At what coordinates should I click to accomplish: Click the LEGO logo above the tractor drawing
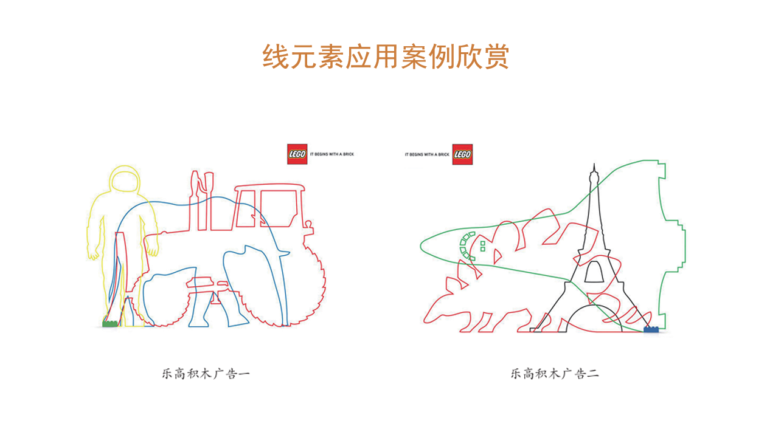point(297,154)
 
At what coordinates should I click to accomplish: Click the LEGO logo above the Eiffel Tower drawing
point(463,154)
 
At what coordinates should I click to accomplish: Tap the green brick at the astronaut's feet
point(109,324)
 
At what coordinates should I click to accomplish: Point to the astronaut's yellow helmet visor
point(125,182)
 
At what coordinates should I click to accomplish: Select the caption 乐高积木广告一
point(206,374)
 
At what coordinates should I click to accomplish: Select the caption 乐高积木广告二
point(555,374)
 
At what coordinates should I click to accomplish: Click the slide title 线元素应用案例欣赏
point(386,57)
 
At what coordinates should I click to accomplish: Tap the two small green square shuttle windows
point(483,246)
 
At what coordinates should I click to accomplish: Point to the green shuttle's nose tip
point(421,245)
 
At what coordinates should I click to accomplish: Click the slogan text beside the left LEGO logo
point(332,154)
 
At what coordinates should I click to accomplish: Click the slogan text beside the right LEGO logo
point(427,154)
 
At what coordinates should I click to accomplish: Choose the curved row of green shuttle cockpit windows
point(466,245)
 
